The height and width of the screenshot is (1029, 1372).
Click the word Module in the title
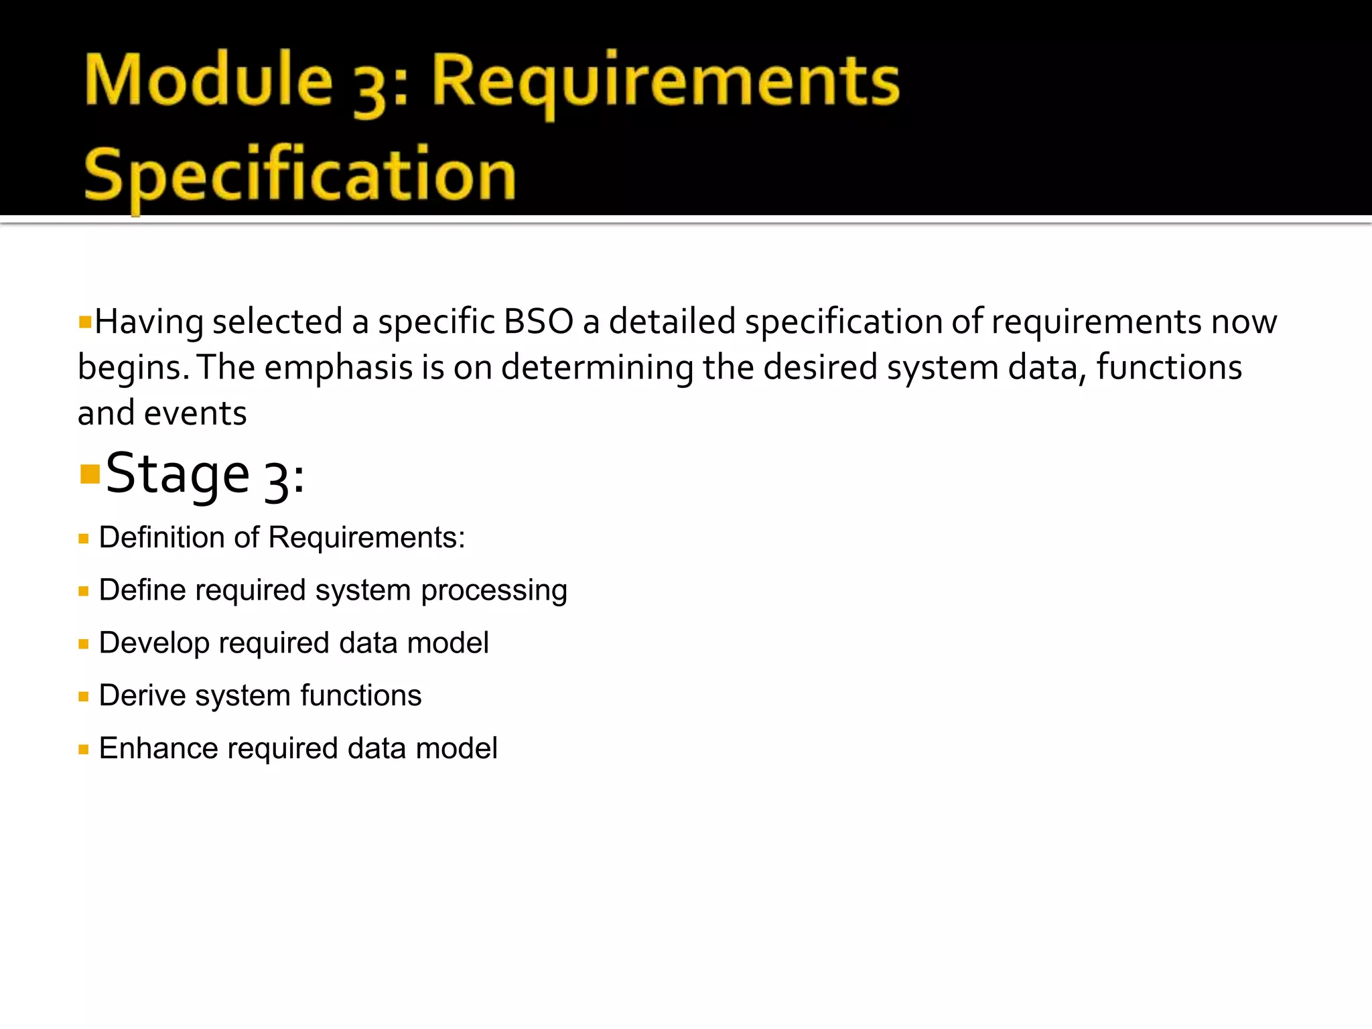[x=208, y=81]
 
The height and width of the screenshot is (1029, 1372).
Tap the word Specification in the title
[x=299, y=176]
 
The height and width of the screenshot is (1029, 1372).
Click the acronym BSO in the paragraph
[x=538, y=322]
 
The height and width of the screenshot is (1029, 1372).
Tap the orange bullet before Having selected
[x=84, y=322]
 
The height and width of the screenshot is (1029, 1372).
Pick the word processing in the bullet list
[x=494, y=591]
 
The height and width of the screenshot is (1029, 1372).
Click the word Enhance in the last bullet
[x=158, y=748]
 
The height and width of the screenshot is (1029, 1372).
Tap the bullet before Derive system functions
[x=84, y=697]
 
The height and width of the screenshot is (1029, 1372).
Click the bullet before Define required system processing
[x=84, y=592]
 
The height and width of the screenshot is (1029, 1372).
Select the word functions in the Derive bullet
[x=360, y=695]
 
